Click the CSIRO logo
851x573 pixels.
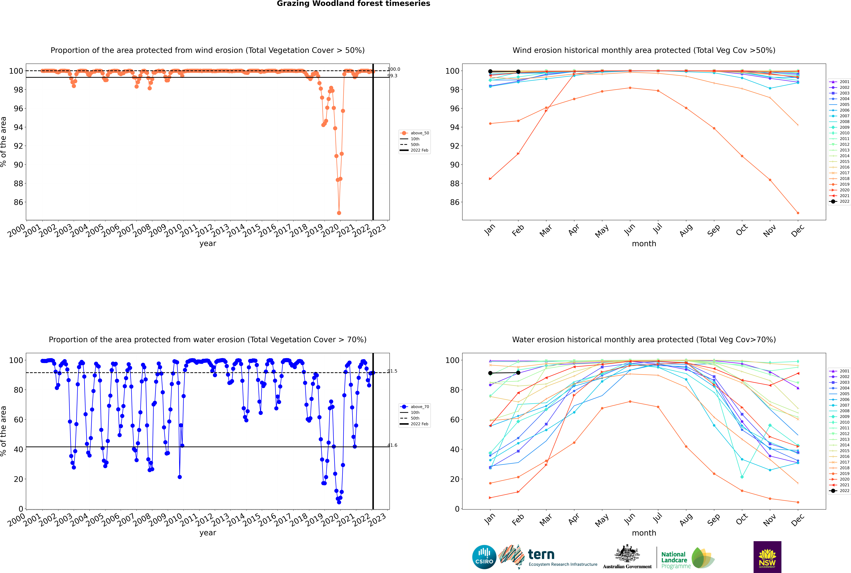[x=484, y=557]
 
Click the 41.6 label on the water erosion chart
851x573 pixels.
[x=392, y=445]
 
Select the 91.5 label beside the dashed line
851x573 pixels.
[x=392, y=371]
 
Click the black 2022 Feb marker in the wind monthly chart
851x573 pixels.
[x=518, y=72]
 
